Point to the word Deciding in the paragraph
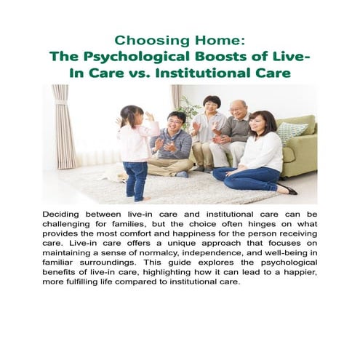(x=64, y=216)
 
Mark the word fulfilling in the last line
(x=95, y=288)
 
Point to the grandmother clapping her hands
(x=209, y=127)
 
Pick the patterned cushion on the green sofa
(x=290, y=132)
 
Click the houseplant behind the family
(x=190, y=109)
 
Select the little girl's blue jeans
(x=136, y=177)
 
